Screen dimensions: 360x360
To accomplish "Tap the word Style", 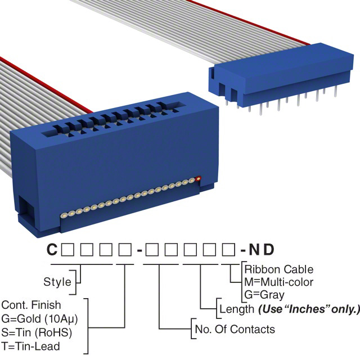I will tap(57, 281).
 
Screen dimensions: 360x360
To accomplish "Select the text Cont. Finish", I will tap(31, 305).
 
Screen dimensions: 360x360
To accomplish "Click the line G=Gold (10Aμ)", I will tap(39, 318).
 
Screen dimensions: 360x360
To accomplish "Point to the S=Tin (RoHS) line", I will tap(37, 332).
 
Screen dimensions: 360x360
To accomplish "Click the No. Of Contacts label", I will tap(234, 329).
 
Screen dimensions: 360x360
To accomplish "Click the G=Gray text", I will tap(264, 294).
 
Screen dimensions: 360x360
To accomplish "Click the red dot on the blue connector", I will tap(199, 180).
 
